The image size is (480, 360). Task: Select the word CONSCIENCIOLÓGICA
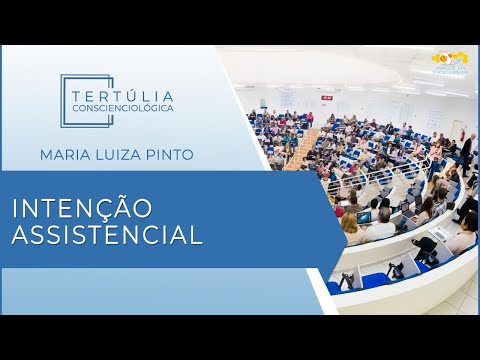[x=123, y=107]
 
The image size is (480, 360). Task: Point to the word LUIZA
[x=126, y=155]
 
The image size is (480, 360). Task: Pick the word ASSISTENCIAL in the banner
[x=107, y=236]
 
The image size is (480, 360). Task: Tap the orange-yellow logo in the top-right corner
[x=449, y=58]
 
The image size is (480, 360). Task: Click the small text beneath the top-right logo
[x=449, y=71]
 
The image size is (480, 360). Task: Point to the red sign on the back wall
[x=325, y=95]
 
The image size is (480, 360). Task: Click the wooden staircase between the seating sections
[x=301, y=148]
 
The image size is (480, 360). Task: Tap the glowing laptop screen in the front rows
[x=365, y=217]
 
